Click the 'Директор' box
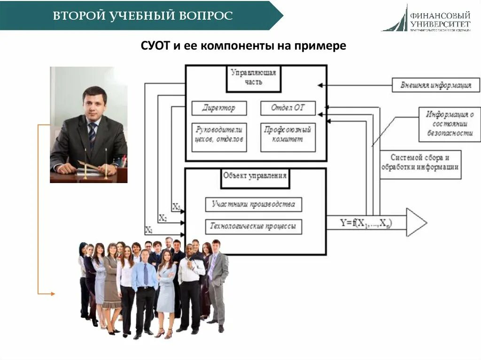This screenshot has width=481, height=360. (x=219, y=108)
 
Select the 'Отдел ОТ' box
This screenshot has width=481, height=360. (x=288, y=108)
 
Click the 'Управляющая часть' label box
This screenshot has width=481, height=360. (x=254, y=77)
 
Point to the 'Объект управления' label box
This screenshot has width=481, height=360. (x=255, y=176)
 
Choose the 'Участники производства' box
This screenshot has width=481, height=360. (x=254, y=204)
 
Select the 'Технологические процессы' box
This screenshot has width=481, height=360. (x=254, y=227)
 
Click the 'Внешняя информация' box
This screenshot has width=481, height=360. (x=436, y=85)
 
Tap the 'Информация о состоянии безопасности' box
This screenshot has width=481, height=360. (x=450, y=124)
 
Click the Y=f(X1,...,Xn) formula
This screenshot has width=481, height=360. (x=366, y=222)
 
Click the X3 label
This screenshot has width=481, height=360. (x=176, y=206)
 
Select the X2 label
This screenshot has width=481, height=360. (x=163, y=218)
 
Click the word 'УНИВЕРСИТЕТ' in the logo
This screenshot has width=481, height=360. (x=440, y=23)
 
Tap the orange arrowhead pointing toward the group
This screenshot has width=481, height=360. (x=53, y=294)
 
